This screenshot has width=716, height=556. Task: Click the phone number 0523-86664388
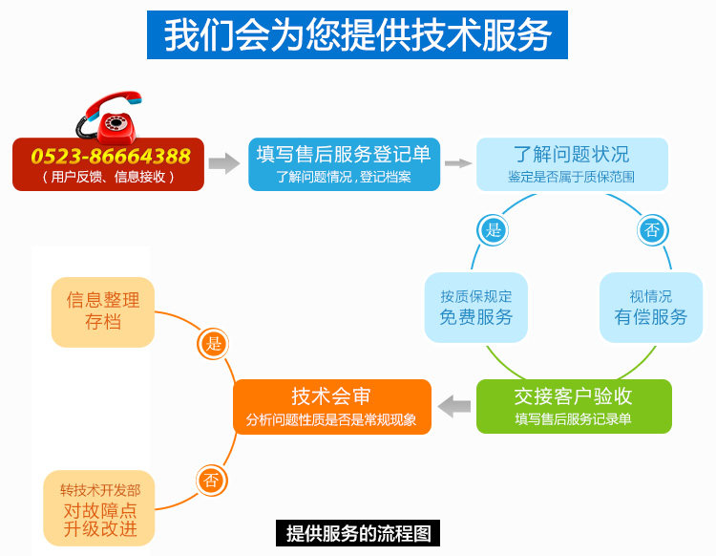[x=110, y=156]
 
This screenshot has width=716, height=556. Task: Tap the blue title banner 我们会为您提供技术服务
[x=357, y=35]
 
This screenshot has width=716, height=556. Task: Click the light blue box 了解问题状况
[x=572, y=163]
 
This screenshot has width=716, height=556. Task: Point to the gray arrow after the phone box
[x=223, y=163]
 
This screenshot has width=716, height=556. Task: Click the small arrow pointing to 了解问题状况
[x=458, y=163]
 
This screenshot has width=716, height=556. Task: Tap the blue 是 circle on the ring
[x=493, y=229]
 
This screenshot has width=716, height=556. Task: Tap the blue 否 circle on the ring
[x=652, y=229]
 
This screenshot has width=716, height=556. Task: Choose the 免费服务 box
[x=475, y=308]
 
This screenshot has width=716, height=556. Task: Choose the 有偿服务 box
[x=650, y=308]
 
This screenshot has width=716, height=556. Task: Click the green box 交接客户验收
[x=573, y=405]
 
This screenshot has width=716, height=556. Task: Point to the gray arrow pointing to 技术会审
[x=453, y=406]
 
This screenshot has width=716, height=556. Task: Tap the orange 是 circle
[x=213, y=344]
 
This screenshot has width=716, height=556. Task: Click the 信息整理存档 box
[x=103, y=310]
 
